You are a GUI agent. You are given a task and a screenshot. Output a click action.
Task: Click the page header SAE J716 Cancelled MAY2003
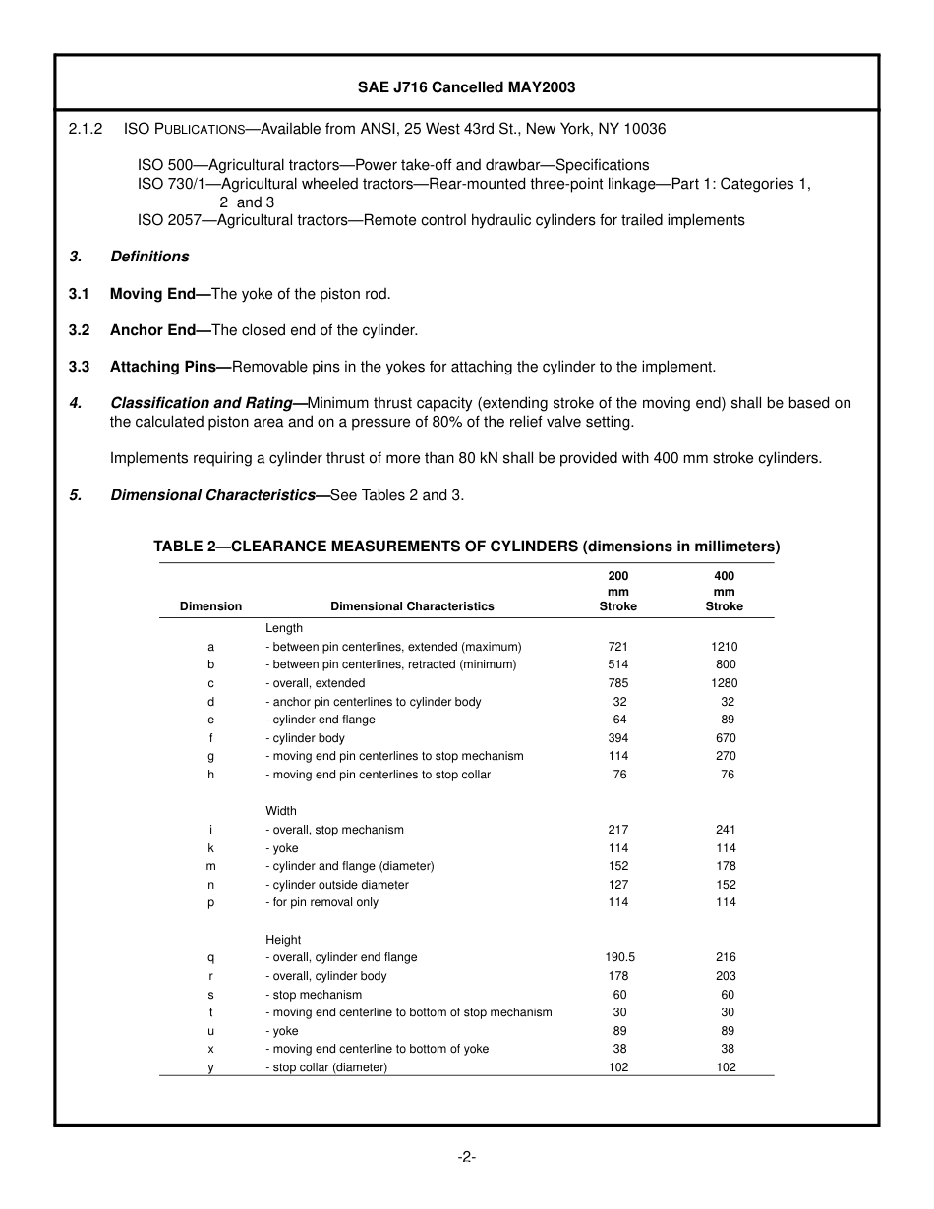pos(466,87)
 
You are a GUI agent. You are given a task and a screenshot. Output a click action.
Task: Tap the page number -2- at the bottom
pos(466,1157)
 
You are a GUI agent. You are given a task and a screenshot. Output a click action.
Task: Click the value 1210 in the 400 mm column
pos(724,647)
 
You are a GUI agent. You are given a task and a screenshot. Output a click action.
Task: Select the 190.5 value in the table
pos(618,957)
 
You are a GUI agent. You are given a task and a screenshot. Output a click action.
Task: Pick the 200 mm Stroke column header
pos(618,591)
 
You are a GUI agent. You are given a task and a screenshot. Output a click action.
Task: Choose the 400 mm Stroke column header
pos(724,591)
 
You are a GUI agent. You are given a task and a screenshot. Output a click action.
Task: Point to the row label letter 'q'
pos(210,957)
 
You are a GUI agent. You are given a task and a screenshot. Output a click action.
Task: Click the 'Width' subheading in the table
pos(280,811)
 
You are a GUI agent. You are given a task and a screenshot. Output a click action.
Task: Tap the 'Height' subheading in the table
pos(283,940)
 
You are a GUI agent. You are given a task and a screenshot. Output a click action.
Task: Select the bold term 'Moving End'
pos(153,294)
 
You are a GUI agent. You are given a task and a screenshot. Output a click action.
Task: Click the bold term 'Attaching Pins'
pos(163,367)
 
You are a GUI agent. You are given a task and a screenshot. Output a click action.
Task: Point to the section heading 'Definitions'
pos(149,257)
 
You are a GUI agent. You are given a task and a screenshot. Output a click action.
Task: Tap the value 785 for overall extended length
pos(618,683)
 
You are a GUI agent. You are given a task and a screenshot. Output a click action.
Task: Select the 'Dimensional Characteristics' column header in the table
pos(412,606)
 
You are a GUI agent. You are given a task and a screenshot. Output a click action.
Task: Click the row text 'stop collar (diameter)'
pos(329,1067)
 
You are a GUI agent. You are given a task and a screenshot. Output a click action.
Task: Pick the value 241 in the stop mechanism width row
pos(725,830)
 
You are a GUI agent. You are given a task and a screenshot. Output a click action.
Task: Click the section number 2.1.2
pos(86,129)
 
